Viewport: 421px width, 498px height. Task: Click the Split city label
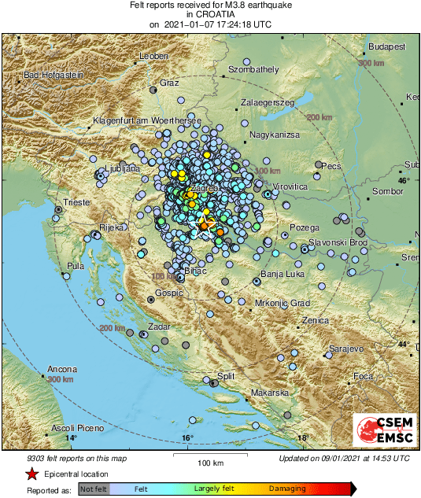click(x=226, y=377)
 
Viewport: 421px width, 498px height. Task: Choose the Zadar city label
click(x=160, y=325)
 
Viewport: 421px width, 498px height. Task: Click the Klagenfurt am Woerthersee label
click(x=147, y=120)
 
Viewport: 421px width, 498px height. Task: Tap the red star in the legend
click(x=31, y=474)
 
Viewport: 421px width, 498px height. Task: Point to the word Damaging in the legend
click(x=287, y=489)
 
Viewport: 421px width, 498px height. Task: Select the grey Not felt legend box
click(x=94, y=489)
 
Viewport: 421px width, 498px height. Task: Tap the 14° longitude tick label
click(x=71, y=438)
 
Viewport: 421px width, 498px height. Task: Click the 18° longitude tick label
click(x=302, y=438)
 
